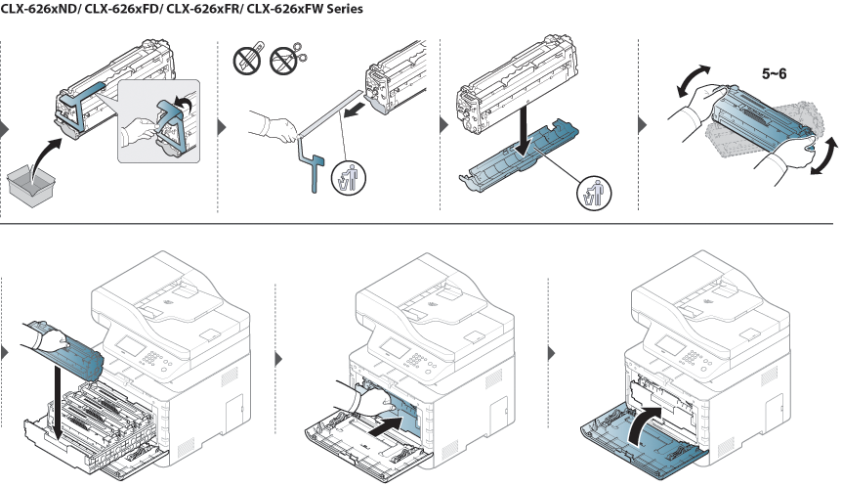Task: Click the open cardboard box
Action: coord(31,184)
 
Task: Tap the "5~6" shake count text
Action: coord(774,74)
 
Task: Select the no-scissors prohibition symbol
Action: coord(284,61)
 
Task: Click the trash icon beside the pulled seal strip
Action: coord(349,178)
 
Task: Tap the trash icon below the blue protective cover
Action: coord(593,194)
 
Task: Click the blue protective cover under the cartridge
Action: coord(520,155)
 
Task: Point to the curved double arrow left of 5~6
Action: coord(693,79)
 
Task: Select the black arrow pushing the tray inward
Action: coord(386,424)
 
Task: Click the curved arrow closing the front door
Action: coord(645,423)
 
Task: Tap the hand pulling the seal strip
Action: coord(273,127)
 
